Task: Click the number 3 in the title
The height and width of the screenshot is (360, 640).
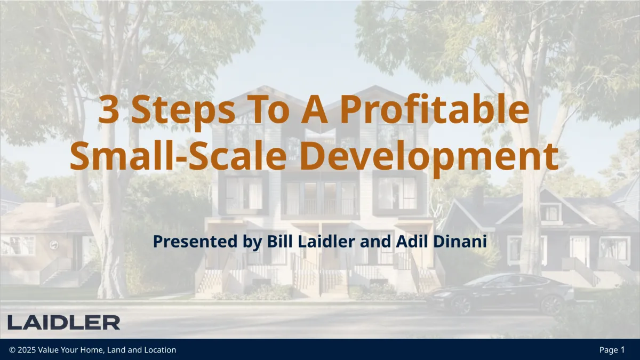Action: [109, 109]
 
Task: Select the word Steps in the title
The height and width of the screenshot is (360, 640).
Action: [183, 111]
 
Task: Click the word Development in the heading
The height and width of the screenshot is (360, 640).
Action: [429, 157]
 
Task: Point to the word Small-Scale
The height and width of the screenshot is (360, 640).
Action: [178, 156]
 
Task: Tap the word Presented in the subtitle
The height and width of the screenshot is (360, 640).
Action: [195, 241]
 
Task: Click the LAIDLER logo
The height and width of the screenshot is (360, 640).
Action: [63, 323]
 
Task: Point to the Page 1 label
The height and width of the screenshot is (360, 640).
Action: [612, 350]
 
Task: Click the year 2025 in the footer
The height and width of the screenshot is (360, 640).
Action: [27, 350]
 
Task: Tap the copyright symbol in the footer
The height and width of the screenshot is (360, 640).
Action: [12, 350]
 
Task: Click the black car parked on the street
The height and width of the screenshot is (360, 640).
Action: [500, 294]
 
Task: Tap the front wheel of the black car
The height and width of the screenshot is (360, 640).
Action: [461, 306]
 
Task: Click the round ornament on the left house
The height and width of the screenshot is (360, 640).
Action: [54, 245]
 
